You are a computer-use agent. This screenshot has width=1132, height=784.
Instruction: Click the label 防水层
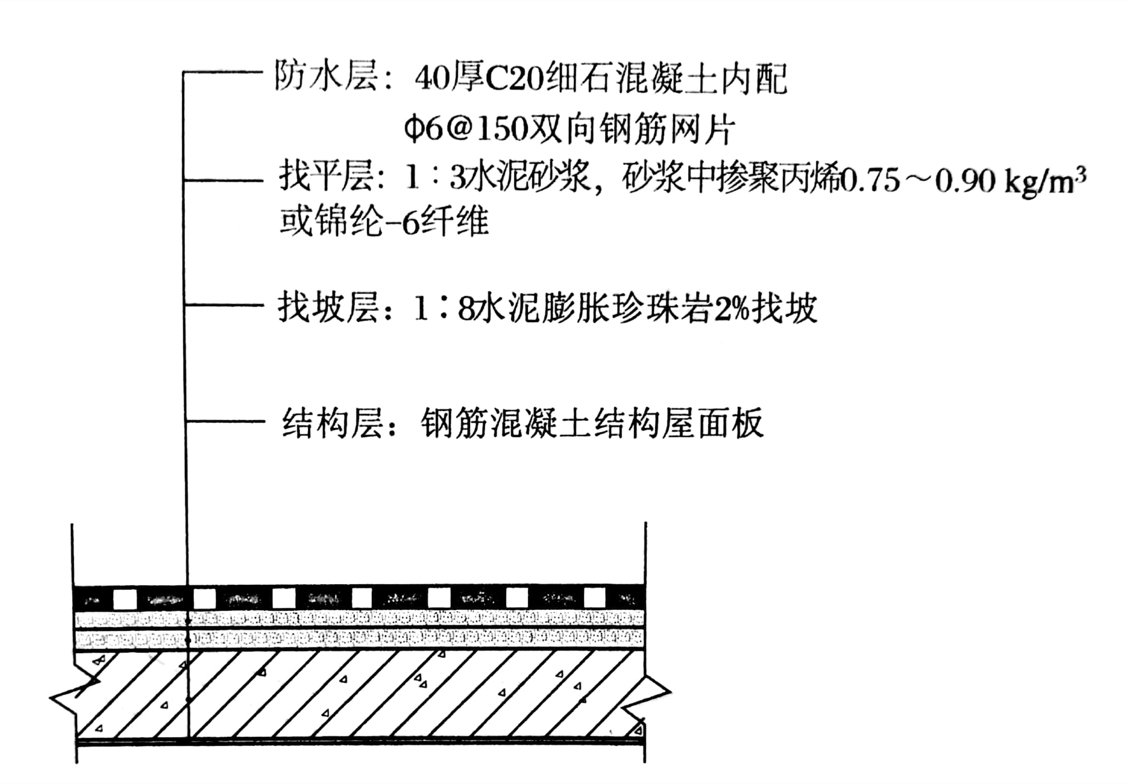click(325, 77)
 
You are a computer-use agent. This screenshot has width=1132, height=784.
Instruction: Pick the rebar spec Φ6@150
click(467, 129)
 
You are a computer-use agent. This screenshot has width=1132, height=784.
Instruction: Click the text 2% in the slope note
click(732, 309)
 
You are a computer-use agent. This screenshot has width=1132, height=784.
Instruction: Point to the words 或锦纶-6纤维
click(384, 222)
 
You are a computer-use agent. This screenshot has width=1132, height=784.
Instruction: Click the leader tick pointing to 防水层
click(222, 71)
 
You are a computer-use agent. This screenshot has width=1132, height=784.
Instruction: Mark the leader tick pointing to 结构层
click(225, 422)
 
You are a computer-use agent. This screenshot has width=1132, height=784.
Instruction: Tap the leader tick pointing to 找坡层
click(225, 305)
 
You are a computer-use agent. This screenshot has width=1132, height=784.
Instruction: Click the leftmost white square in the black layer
click(125, 599)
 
